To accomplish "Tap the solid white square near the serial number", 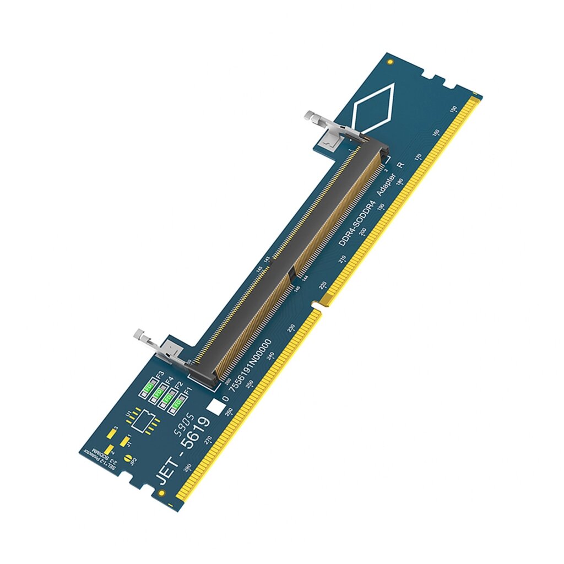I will click(215, 407).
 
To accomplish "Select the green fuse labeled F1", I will click(177, 403).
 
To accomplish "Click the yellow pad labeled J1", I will click(124, 442).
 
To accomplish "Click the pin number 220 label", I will click(323, 285).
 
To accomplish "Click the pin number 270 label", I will click(208, 440).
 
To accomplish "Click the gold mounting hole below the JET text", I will click(161, 492).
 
